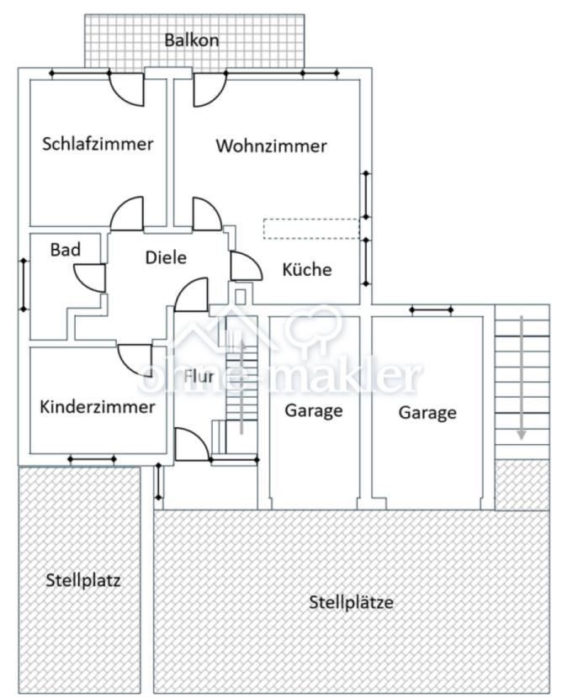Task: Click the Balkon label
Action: (192, 40)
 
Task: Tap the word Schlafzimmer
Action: (98, 144)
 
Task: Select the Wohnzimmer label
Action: (271, 146)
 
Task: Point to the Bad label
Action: (65, 250)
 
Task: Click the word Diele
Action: (165, 258)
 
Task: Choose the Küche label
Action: (306, 270)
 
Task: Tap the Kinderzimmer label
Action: (98, 407)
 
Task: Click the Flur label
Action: (199, 376)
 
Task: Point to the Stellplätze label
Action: (351, 602)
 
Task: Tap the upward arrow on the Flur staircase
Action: (241, 387)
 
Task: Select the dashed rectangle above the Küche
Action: (310, 229)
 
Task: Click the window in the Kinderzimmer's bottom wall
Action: (92, 459)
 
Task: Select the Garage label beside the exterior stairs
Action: (427, 413)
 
